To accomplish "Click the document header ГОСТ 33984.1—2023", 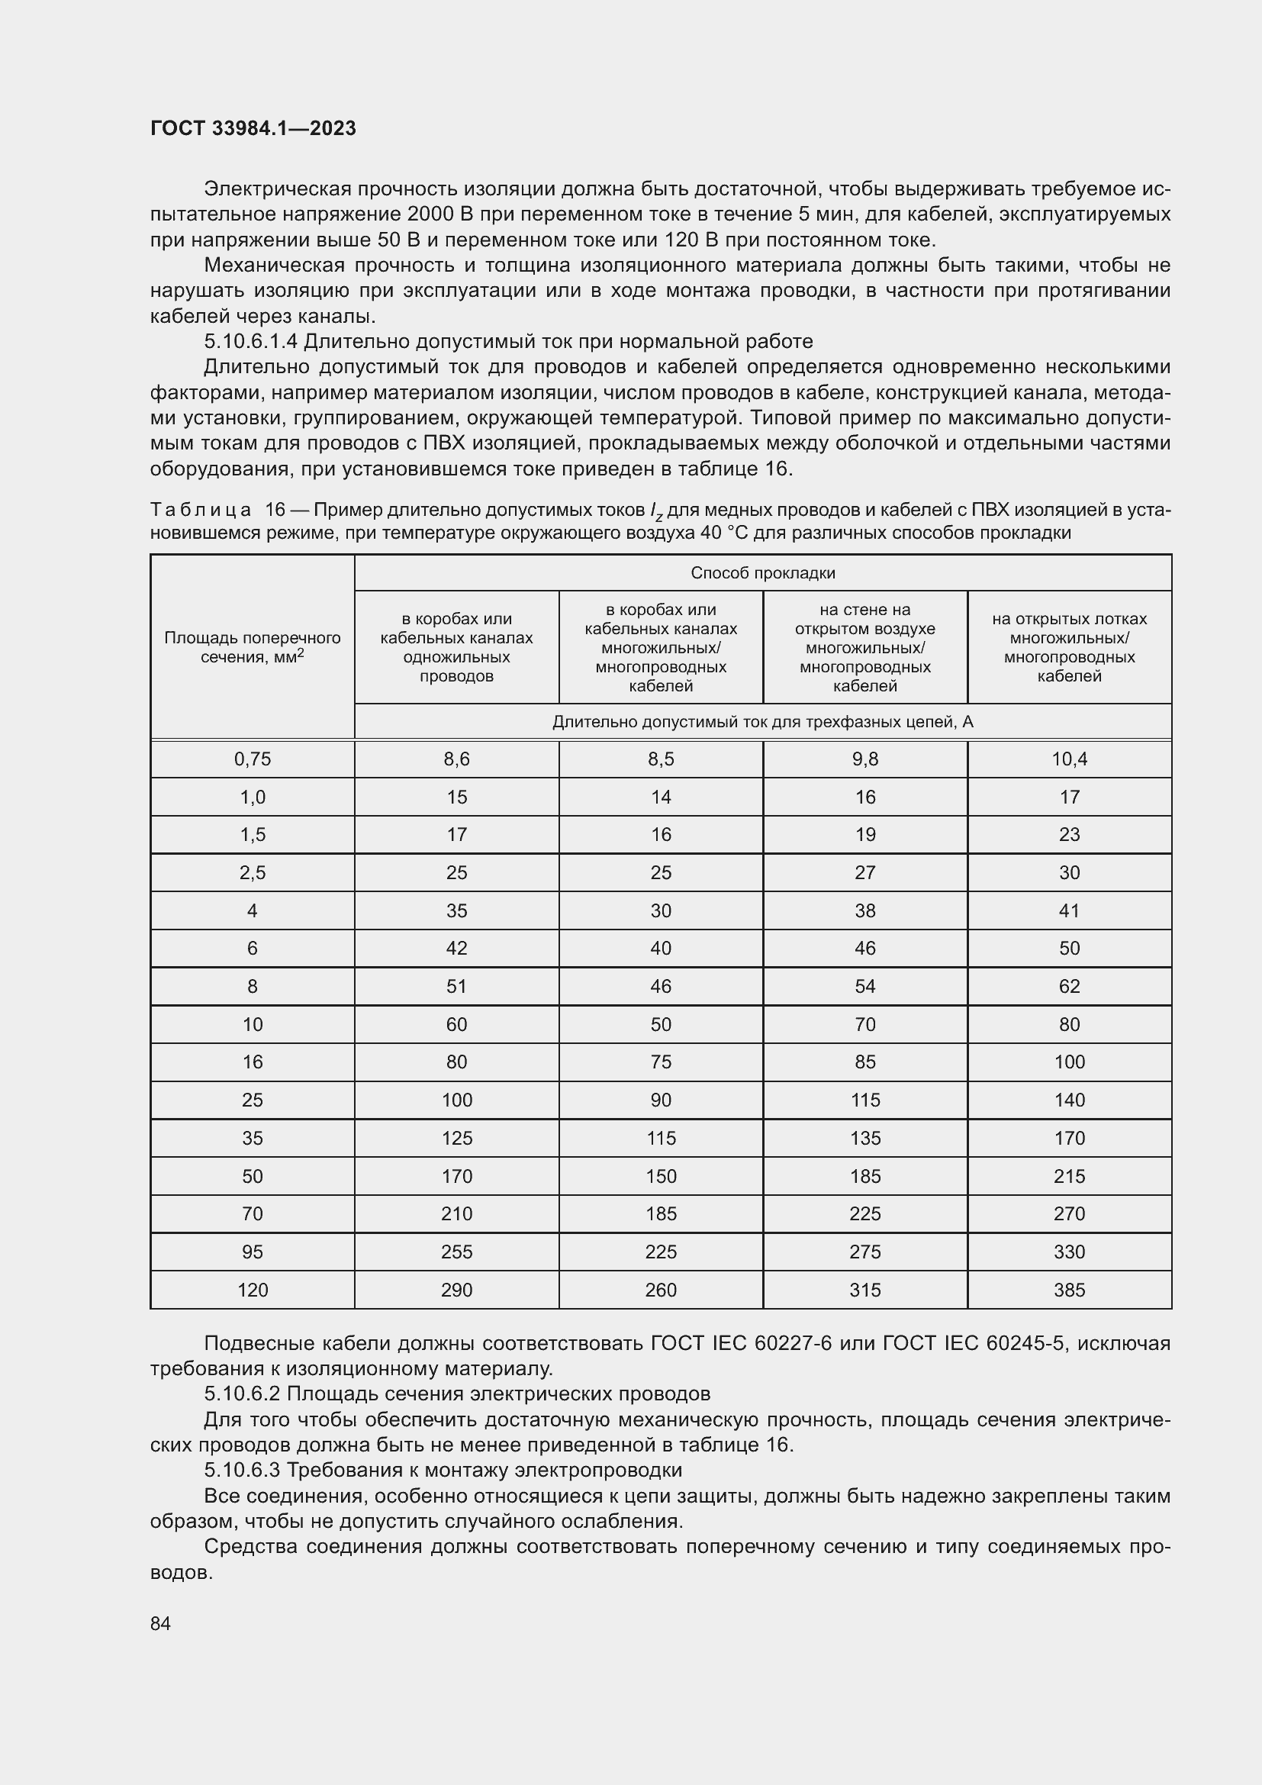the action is tap(253, 128).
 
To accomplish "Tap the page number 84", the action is tap(160, 1623).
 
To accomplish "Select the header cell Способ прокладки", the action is tap(762, 573).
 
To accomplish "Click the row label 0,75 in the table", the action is tap(253, 759).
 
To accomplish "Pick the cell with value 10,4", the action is tap(1068, 759).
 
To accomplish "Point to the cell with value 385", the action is tap(1068, 1290).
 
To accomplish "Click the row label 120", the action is tap(253, 1290).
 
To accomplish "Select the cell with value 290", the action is tap(456, 1290).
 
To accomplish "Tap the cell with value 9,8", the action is tap(864, 759).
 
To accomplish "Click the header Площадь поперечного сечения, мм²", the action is tap(253, 647).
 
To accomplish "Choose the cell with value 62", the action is tap(1068, 987).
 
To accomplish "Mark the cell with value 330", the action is tap(1068, 1252).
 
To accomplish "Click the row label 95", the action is tap(253, 1252).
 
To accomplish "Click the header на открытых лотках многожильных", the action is tap(1068, 647).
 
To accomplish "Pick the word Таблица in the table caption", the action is tap(201, 510).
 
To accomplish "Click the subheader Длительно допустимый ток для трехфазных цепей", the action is tap(762, 722).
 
